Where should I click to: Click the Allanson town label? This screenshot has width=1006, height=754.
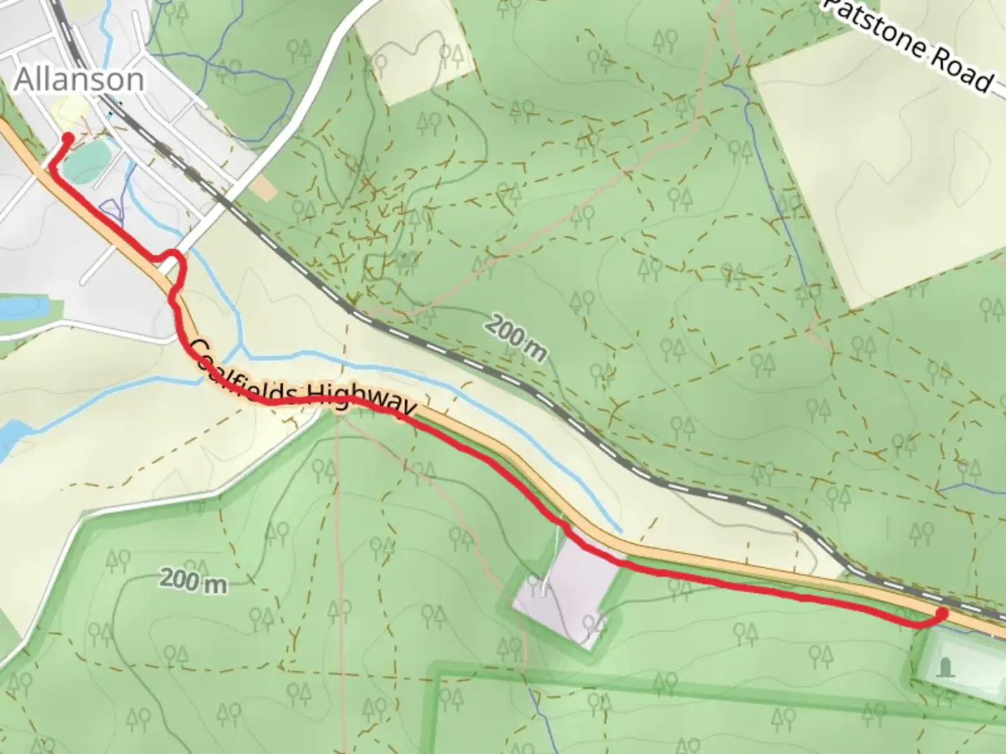(x=79, y=80)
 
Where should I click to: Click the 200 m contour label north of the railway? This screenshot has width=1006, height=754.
(x=516, y=338)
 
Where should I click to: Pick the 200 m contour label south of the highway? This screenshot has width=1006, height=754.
(x=194, y=579)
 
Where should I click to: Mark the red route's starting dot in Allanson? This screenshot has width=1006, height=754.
(x=68, y=138)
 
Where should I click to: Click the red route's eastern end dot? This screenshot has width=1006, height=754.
(x=941, y=614)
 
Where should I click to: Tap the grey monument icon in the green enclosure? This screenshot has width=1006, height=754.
(x=946, y=667)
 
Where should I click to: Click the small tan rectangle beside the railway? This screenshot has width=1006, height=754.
(x=263, y=188)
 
